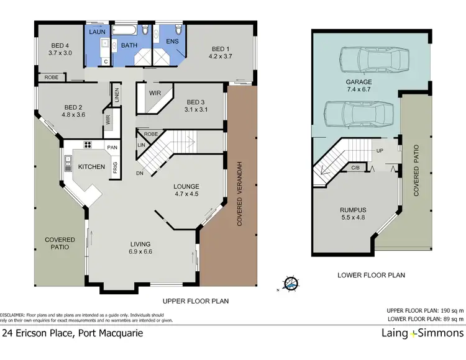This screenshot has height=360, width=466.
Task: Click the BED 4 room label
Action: [x=60, y=45]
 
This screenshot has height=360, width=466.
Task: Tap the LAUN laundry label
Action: [x=97, y=32]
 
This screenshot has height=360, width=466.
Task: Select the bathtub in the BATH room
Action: [x=125, y=30]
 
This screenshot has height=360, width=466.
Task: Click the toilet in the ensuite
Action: [x=178, y=29]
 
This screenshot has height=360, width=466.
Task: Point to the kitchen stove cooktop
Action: [x=88, y=145]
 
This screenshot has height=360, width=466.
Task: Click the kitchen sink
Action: [x=68, y=163]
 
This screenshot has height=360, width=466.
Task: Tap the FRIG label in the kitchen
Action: [x=116, y=168]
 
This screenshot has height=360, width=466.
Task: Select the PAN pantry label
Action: [x=112, y=147]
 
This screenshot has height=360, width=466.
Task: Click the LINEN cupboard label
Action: [x=117, y=95]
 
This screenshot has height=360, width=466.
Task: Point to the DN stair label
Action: [x=140, y=173]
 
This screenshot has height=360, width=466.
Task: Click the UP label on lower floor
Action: [x=380, y=150]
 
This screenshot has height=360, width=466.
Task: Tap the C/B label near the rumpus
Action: [x=355, y=168]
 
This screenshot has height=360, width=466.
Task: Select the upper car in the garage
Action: [x=375, y=60]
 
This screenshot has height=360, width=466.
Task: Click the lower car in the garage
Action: [x=359, y=114]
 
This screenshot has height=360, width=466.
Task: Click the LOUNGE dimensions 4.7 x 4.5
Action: [x=186, y=194]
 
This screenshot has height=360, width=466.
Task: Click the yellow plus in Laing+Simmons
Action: [x=413, y=334]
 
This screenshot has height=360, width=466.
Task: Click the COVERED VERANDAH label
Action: [x=240, y=194]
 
